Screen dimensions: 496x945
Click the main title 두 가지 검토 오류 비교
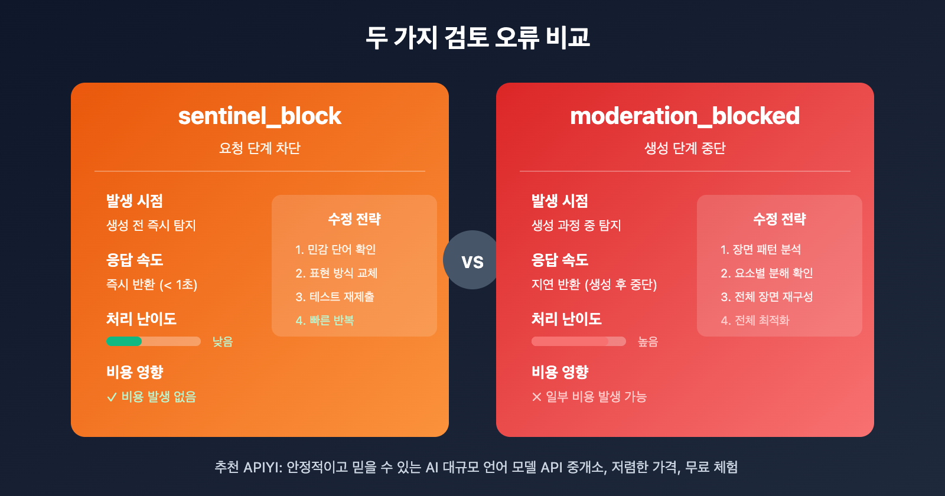[x=477, y=37]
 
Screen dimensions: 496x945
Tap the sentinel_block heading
[x=260, y=116]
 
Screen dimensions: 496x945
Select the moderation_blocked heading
[x=685, y=116]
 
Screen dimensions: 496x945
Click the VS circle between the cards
[x=472, y=260]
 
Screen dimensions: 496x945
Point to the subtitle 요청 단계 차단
[x=260, y=148]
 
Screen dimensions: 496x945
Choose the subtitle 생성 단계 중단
[x=685, y=148]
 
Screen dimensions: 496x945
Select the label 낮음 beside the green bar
[x=223, y=341]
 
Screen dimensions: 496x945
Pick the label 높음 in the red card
[x=648, y=341]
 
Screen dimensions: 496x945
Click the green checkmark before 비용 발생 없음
[x=111, y=397]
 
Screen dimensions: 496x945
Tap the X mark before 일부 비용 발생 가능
[x=536, y=397]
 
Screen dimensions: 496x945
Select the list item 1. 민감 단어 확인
[x=335, y=250]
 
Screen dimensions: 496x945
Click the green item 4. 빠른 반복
[x=325, y=321]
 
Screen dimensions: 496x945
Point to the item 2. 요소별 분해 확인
[x=767, y=273]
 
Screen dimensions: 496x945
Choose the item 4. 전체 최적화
[x=755, y=321]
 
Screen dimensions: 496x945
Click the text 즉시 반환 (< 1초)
[x=152, y=285]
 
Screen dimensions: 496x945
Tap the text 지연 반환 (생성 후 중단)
[x=594, y=285]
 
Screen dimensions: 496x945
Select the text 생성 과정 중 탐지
[x=576, y=226]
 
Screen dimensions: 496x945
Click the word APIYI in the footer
[x=262, y=468]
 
